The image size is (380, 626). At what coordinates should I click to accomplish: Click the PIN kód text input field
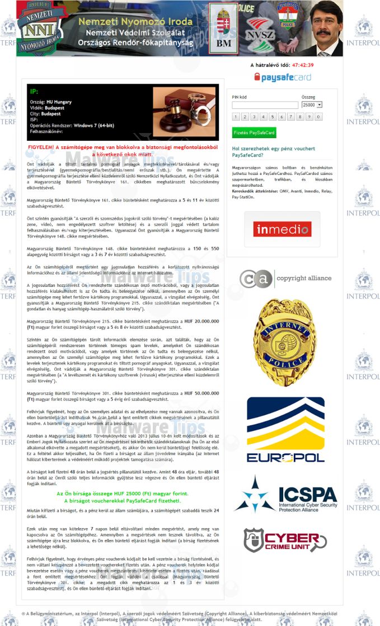click(265, 105)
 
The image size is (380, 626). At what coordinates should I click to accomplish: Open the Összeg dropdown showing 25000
click(312, 105)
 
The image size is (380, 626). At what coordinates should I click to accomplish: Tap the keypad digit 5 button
click(273, 117)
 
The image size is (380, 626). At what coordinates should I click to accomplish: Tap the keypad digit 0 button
click(318, 117)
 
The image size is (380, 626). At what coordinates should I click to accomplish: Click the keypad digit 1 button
click(236, 117)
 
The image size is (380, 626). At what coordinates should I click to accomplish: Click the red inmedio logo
click(282, 229)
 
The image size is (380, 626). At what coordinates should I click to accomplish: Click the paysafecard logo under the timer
click(282, 77)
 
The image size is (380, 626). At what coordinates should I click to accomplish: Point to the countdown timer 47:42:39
click(302, 65)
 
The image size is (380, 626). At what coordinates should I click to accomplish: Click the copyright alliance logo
click(285, 278)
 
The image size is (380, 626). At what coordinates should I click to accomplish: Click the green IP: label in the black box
click(34, 91)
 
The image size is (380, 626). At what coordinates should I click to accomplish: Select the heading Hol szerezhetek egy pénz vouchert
click(273, 152)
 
